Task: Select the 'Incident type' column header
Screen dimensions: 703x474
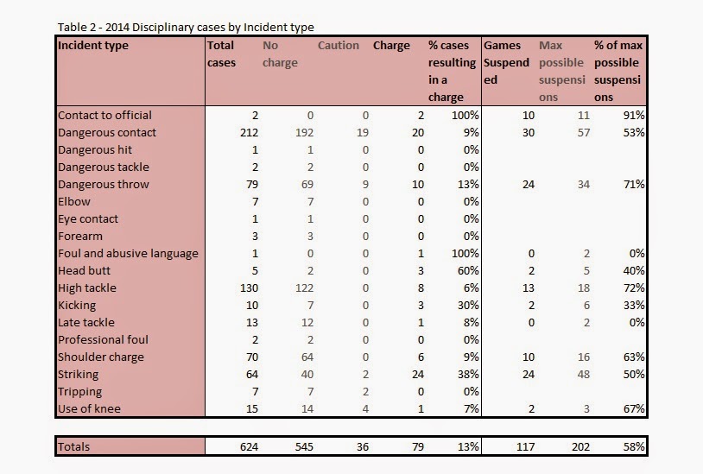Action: click(x=93, y=45)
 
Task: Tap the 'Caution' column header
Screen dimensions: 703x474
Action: click(x=339, y=45)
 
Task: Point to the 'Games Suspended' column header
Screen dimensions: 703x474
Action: click(x=507, y=62)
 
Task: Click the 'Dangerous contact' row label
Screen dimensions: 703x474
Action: click(x=107, y=133)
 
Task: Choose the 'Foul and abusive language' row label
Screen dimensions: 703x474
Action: click(x=128, y=254)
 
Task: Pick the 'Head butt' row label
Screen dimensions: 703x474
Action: click(x=85, y=270)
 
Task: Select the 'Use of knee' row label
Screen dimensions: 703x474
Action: click(x=89, y=408)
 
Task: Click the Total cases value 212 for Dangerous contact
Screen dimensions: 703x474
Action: click(x=249, y=133)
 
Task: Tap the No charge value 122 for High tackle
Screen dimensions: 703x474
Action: click(x=304, y=288)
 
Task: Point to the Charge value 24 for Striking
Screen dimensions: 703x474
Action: click(x=418, y=374)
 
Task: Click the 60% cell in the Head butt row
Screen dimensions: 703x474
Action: click(x=468, y=270)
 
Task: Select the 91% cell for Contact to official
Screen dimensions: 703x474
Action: click(x=634, y=115)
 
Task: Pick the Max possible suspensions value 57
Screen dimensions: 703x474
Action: click(x=583, y=133)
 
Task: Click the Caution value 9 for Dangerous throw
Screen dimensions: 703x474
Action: click(x=365, y=185)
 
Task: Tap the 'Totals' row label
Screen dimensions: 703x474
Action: click(x=74, y=446)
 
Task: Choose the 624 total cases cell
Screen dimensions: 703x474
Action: click(x=249, y=446)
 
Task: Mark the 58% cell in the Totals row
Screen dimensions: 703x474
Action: click(x=634, y=446)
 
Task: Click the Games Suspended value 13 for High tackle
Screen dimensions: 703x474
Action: click(x=529, y=288)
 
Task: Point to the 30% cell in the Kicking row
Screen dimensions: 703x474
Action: click(x=468, y=305)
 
